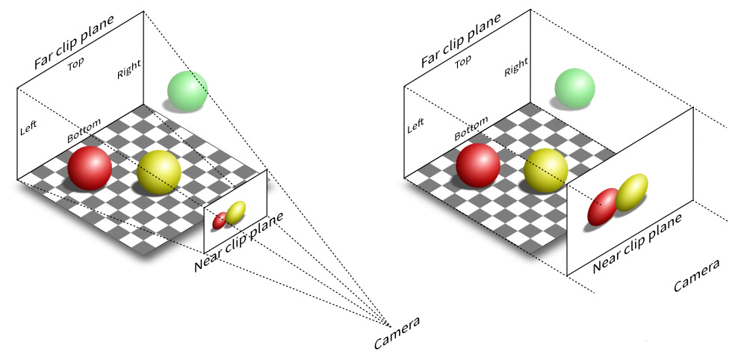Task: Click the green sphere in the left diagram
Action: (187, 91)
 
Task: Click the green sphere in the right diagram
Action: (574, 88)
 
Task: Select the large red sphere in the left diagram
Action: (90, 167)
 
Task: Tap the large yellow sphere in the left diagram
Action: (159, 171)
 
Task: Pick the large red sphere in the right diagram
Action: (478, 165)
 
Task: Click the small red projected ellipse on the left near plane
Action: (220, 220)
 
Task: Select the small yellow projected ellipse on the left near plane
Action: (235, 213)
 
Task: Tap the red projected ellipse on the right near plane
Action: (602, 207)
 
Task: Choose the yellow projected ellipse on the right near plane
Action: (632, 192)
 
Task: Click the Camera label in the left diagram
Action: (397, 333)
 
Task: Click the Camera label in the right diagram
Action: (697, 276)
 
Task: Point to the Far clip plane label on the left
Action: (73, 42)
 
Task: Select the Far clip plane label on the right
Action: (460, 41)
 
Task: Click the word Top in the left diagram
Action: (75, 64)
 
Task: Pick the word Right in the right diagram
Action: (516, 69)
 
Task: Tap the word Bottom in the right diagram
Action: (471, 128)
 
